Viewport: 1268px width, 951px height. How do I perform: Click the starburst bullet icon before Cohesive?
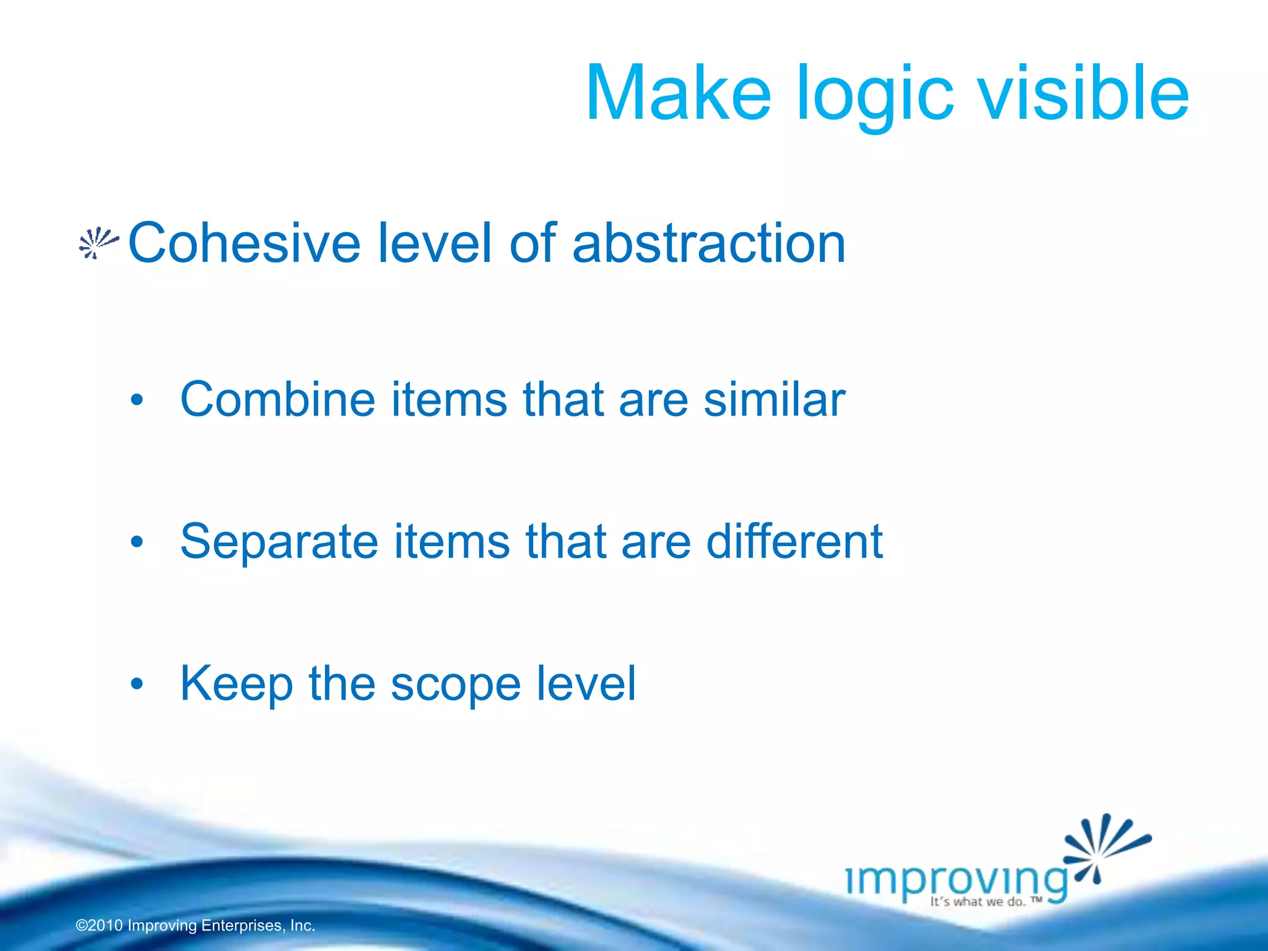98,243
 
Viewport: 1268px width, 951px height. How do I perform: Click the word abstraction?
708,243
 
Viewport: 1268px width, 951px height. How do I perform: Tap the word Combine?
277,399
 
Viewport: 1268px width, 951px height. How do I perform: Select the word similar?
774,399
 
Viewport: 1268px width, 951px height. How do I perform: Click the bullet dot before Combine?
137,401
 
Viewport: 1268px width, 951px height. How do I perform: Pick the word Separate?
279,542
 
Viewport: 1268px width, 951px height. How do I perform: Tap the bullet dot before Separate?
137,543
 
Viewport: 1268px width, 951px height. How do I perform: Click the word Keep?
236,684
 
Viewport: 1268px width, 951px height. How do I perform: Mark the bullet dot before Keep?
137,685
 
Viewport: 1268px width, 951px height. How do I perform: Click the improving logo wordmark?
957,879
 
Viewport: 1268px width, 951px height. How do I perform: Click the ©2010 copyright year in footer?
99,926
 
